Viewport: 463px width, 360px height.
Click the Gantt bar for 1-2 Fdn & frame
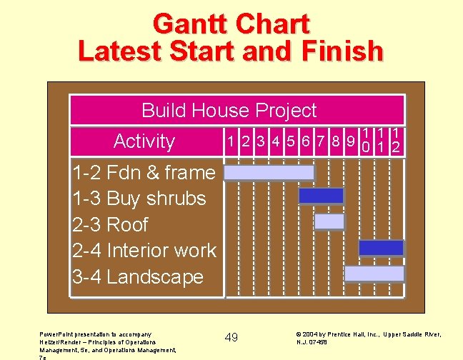coord(269,173)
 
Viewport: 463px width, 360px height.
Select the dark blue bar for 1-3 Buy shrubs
coord(321,196)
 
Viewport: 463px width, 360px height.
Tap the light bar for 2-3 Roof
coord(329,221)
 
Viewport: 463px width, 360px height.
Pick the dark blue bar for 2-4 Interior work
coord(381,248)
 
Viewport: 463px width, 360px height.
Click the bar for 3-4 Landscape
coord(374,274)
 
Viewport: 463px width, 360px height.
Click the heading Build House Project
coord(229,111)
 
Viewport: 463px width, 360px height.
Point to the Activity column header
coord(144,141)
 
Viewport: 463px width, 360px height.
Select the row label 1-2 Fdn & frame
coord(144,172)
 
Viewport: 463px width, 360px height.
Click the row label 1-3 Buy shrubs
coord(139,199)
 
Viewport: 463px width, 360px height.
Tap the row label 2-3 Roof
coord(110,224)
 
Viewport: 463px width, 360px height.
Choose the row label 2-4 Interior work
coord(144,251)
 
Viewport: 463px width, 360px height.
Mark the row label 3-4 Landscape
coord(138,277)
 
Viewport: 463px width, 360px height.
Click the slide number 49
coord(231,337)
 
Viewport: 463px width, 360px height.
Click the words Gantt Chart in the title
coord(231,24)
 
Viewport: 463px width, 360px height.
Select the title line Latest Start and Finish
coord(231,51)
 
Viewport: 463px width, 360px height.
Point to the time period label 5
coord(289,141)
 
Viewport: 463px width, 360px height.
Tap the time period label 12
coord(396,141)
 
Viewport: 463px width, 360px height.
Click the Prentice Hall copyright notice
coord(367,337)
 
